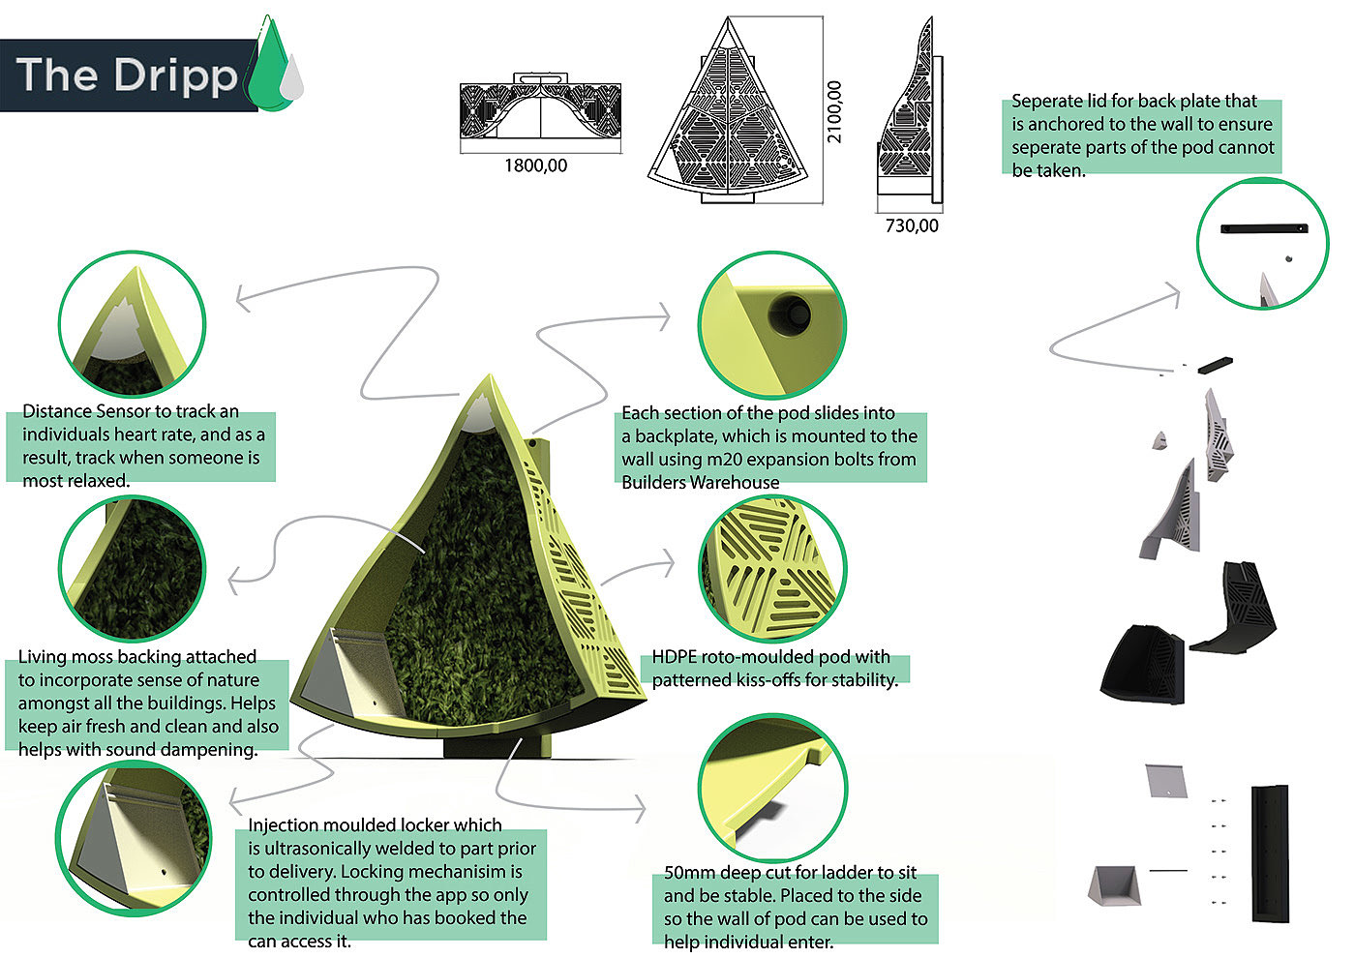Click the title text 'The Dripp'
(x=126, y=75)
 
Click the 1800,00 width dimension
(x=535, y=166)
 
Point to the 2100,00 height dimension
(x=834, y=111)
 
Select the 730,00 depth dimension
(x=911, y=226)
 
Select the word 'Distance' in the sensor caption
(x=58, y=411)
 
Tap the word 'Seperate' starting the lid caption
(x=1047, y=102)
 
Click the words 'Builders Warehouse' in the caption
(x=700, y=483)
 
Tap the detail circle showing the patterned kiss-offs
(x=772, y=568)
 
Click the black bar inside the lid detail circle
(x=1264, y=229)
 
